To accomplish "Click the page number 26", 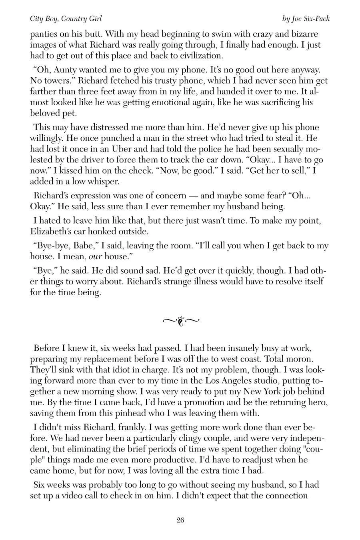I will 180,520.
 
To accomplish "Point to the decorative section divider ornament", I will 181,320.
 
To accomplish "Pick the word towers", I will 55,81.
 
